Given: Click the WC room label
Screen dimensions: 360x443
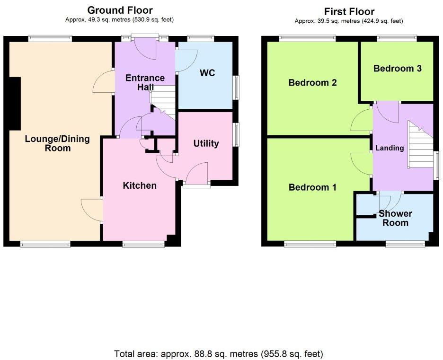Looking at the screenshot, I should (207, 73).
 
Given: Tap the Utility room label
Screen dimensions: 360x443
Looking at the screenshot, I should (206, 143).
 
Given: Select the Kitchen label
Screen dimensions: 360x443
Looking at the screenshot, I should (140, 185).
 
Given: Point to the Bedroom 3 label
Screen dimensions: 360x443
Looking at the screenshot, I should (398, 69).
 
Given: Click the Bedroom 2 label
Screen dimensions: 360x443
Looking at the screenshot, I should (313, 83).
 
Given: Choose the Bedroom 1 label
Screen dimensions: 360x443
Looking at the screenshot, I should (313, 187).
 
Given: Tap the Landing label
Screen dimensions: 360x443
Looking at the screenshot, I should (390, 148).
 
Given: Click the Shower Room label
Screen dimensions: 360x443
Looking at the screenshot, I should (395, 218).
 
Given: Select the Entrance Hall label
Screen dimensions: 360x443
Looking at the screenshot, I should (145, 82).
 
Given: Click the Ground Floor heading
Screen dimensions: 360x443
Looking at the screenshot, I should (120, 10).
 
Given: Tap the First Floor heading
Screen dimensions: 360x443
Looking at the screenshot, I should (349, 11).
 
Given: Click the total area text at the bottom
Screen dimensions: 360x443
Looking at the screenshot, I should (219, 353).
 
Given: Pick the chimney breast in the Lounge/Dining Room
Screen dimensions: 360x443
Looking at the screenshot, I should (15, 103).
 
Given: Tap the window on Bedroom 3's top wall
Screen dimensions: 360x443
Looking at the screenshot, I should (397, 38).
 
